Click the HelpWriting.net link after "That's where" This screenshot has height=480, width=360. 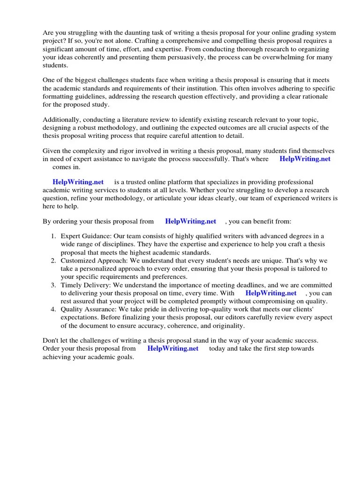tap(305, 159)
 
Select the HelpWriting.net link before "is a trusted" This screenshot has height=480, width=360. tap(78, 182)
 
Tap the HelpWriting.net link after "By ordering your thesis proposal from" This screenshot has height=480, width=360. tap(190, 221)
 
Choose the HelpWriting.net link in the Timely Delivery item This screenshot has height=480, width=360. tap(271, 292)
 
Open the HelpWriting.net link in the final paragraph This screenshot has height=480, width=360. tap(172, 348)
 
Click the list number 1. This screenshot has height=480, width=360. tap(53, 236)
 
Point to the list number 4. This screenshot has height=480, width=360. tap(53, 309)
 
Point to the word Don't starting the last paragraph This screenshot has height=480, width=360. tap(51, 340)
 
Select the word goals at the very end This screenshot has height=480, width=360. tap(124, 357)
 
